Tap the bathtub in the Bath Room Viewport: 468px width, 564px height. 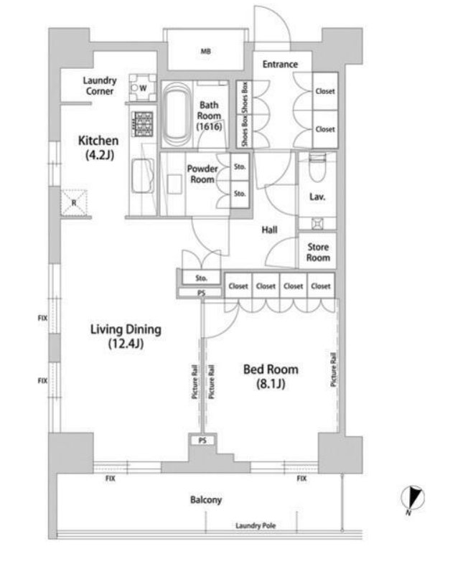pos(177,114)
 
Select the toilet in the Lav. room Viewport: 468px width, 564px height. pos(317,167)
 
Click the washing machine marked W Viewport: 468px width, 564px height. pos(143,88)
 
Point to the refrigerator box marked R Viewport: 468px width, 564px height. pos(74,203)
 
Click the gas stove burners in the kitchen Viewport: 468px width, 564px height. pos(143,124)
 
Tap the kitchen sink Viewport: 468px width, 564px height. pos(143,177)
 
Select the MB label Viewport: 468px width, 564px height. pos(205,52)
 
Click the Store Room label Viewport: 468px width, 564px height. pos(318,252)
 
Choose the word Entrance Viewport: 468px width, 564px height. pos(280,65)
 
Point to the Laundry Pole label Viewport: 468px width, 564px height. pos(256,525)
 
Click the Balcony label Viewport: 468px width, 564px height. pos(206,499)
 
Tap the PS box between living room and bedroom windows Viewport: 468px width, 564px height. pos(202,441)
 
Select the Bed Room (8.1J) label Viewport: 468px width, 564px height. pos(271,376)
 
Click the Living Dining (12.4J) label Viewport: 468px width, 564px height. pos(126,337)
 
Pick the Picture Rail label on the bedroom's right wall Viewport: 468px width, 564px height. pos(334,370)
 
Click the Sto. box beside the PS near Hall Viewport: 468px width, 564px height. pos(201,278)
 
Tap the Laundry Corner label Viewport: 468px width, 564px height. pos(100,86)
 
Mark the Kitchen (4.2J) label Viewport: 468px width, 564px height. pos(98,148)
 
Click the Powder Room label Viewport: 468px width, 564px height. pos(202,174)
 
